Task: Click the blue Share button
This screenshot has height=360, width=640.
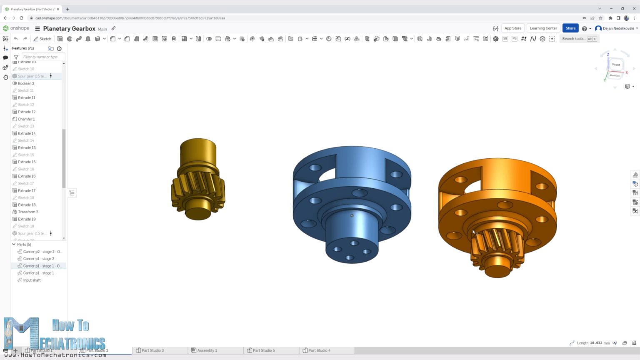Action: click(570, 28)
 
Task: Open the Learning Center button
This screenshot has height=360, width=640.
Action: click(543, 28)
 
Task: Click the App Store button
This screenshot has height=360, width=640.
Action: click(512, 28)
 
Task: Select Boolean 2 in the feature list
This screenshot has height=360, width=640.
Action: click(26, 83)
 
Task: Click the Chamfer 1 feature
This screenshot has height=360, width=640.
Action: click(26, 119)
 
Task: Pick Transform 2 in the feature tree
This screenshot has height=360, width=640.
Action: click(28, 212)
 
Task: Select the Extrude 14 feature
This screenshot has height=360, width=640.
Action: click(27, 133)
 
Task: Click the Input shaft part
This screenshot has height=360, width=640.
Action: click(32, 280)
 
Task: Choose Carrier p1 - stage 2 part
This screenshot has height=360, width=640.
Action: click(38, 259)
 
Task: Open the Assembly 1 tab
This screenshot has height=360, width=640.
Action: click(207, 350)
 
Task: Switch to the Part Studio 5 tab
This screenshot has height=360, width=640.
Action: click(263, 350)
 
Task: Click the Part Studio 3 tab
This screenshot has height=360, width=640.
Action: click(152, 350)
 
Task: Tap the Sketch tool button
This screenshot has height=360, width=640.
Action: click(42, 39)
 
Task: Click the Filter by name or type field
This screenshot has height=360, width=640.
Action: click(43, 57)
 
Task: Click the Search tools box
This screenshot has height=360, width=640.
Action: click(574, 39)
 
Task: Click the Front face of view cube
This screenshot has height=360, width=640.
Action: click(616, 65)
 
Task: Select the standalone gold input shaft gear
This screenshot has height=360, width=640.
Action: click(198, 179)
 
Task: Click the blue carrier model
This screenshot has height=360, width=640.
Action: click(352, 200)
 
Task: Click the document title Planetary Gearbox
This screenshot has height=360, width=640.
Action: click(69, 29)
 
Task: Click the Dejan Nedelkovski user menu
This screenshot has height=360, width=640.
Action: click(618, 28)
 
